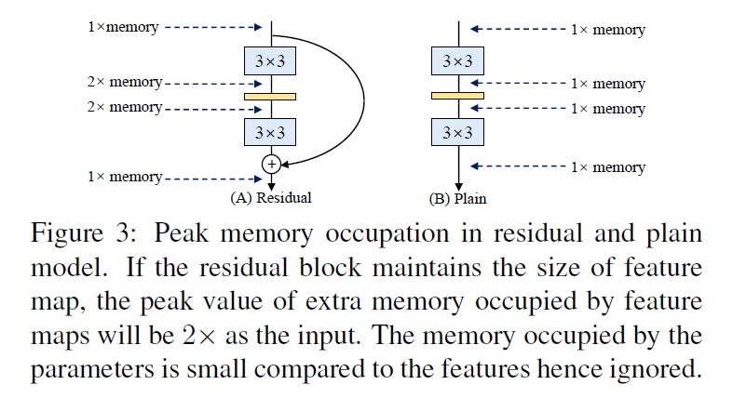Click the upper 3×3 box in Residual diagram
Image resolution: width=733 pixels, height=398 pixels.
(270, 61)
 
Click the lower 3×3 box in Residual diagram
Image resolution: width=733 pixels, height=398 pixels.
(270, 132)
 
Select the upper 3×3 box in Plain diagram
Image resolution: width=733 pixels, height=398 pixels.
(457, 61)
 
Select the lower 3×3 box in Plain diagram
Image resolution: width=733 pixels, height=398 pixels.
(457, 132)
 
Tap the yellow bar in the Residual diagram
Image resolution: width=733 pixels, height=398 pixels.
(270, 96)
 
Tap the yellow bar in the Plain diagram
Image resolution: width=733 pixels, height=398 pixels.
(457, 95)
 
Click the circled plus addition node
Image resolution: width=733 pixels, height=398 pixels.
(271, 164)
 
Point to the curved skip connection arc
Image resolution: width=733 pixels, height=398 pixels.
(360, 93)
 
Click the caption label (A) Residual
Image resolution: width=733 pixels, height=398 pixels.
(270, 197)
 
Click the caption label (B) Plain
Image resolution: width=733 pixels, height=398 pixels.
(456, 197)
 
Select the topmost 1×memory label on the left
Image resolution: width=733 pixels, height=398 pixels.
(123, 27)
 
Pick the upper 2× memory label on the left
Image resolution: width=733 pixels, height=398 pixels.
(123, 83)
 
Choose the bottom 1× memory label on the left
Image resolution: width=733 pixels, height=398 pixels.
(123, 176)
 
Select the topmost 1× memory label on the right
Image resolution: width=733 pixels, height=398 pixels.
(607, 30)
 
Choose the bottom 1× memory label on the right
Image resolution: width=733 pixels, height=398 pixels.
(607, 167)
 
